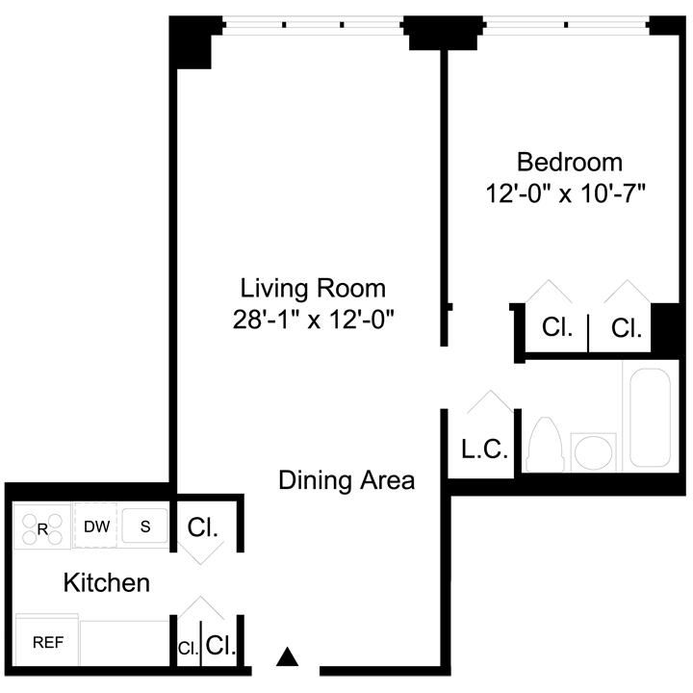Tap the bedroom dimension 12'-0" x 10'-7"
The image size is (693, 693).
pyautogui.click(x=565, y=192)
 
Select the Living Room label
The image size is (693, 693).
pyautogui.click(x=313, y=288)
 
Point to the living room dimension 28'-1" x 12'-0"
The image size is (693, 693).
pyautogui.click(x=313, y=320)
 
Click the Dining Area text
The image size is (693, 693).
pyautogui.click(x=346, y=479)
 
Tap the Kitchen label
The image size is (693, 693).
pyautogui.click(x=106, y=582)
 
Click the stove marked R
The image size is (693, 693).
pyautogui.click(x=42, y=527)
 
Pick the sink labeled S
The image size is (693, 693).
pyautogui.click(x=145, y=526)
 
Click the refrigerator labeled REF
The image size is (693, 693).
pyautogui.click(x=47, y=642)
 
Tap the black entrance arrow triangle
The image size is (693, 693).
pyautogui.click(x=286, y=658)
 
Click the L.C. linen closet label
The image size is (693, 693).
pyautogui.click(x=483, y=449)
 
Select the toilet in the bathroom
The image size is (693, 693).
pyautogui.click(x=546, y=445)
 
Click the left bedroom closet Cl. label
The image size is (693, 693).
pyautogui.click(x=556, y=328)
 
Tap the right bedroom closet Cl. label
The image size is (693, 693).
pyautogui.click(x=627, y=328)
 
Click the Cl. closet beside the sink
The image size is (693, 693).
pyautogui.click(x=203, y=528)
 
